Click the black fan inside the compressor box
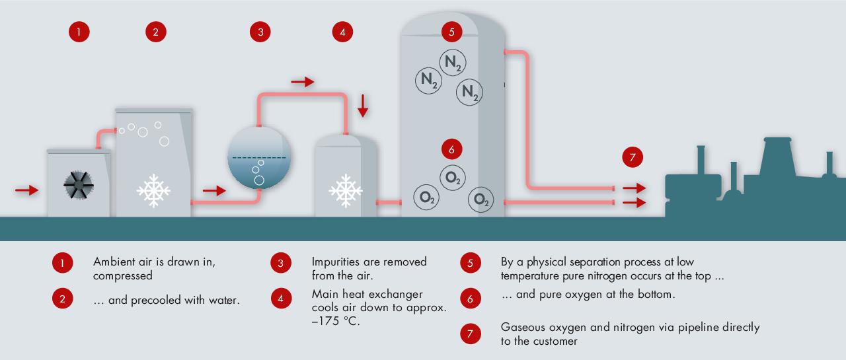point(79,185)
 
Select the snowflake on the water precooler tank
point(153,190)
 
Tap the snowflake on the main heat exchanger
point(346,190)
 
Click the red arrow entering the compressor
point(27,190)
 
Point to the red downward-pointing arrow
point(363,106)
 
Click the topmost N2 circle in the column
point(453,62)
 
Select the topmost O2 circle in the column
point(453,178)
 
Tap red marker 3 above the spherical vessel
point(260,32)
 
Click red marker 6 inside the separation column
point(451,149)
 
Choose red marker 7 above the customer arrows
point(633,157)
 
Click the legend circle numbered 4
point(281,298)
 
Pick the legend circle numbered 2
point(63,298)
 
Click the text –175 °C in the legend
point(335,321)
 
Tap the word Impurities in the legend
point(335,262)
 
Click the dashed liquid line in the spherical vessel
point(259,157)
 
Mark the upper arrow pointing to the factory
point(634,188)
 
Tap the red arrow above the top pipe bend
point(303,81)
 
